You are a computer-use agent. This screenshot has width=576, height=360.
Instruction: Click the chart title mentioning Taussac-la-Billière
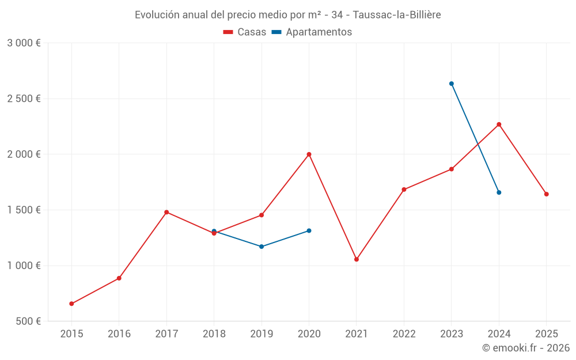click(287, 15)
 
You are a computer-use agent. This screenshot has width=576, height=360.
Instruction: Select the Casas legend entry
click(245, 32)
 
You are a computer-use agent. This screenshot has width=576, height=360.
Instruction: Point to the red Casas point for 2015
click(71, 304)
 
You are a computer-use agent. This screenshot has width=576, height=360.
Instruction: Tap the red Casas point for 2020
click(309, 154)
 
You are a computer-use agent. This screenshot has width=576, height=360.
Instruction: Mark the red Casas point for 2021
click(357, 259)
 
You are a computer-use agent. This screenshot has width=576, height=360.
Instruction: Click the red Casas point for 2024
click(499, 124)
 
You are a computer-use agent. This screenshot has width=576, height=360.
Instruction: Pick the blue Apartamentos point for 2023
click(452, 84)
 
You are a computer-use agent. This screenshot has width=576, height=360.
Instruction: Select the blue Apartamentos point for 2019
click(262, 247)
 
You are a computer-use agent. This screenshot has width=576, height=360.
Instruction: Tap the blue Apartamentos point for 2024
click(499, 192)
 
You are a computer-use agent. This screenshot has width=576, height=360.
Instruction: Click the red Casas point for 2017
click(166, 212)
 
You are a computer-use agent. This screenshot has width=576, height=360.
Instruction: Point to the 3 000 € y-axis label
click(24, 43)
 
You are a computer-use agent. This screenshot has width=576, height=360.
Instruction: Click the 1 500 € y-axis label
click(24, 210)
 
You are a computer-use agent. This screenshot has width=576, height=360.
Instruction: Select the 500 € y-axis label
click(28, 321)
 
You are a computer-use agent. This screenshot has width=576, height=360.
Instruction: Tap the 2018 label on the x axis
click(214, 334)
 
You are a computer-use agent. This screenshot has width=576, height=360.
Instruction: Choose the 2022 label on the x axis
click(404, 334)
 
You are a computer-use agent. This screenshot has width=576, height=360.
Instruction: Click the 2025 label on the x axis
click(546, 334)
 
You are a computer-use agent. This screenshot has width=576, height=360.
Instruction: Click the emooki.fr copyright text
click(525, 348)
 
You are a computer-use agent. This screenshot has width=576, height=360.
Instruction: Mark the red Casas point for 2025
click(546, 194)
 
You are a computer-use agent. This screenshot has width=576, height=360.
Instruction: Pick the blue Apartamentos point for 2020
click(309, 230)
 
